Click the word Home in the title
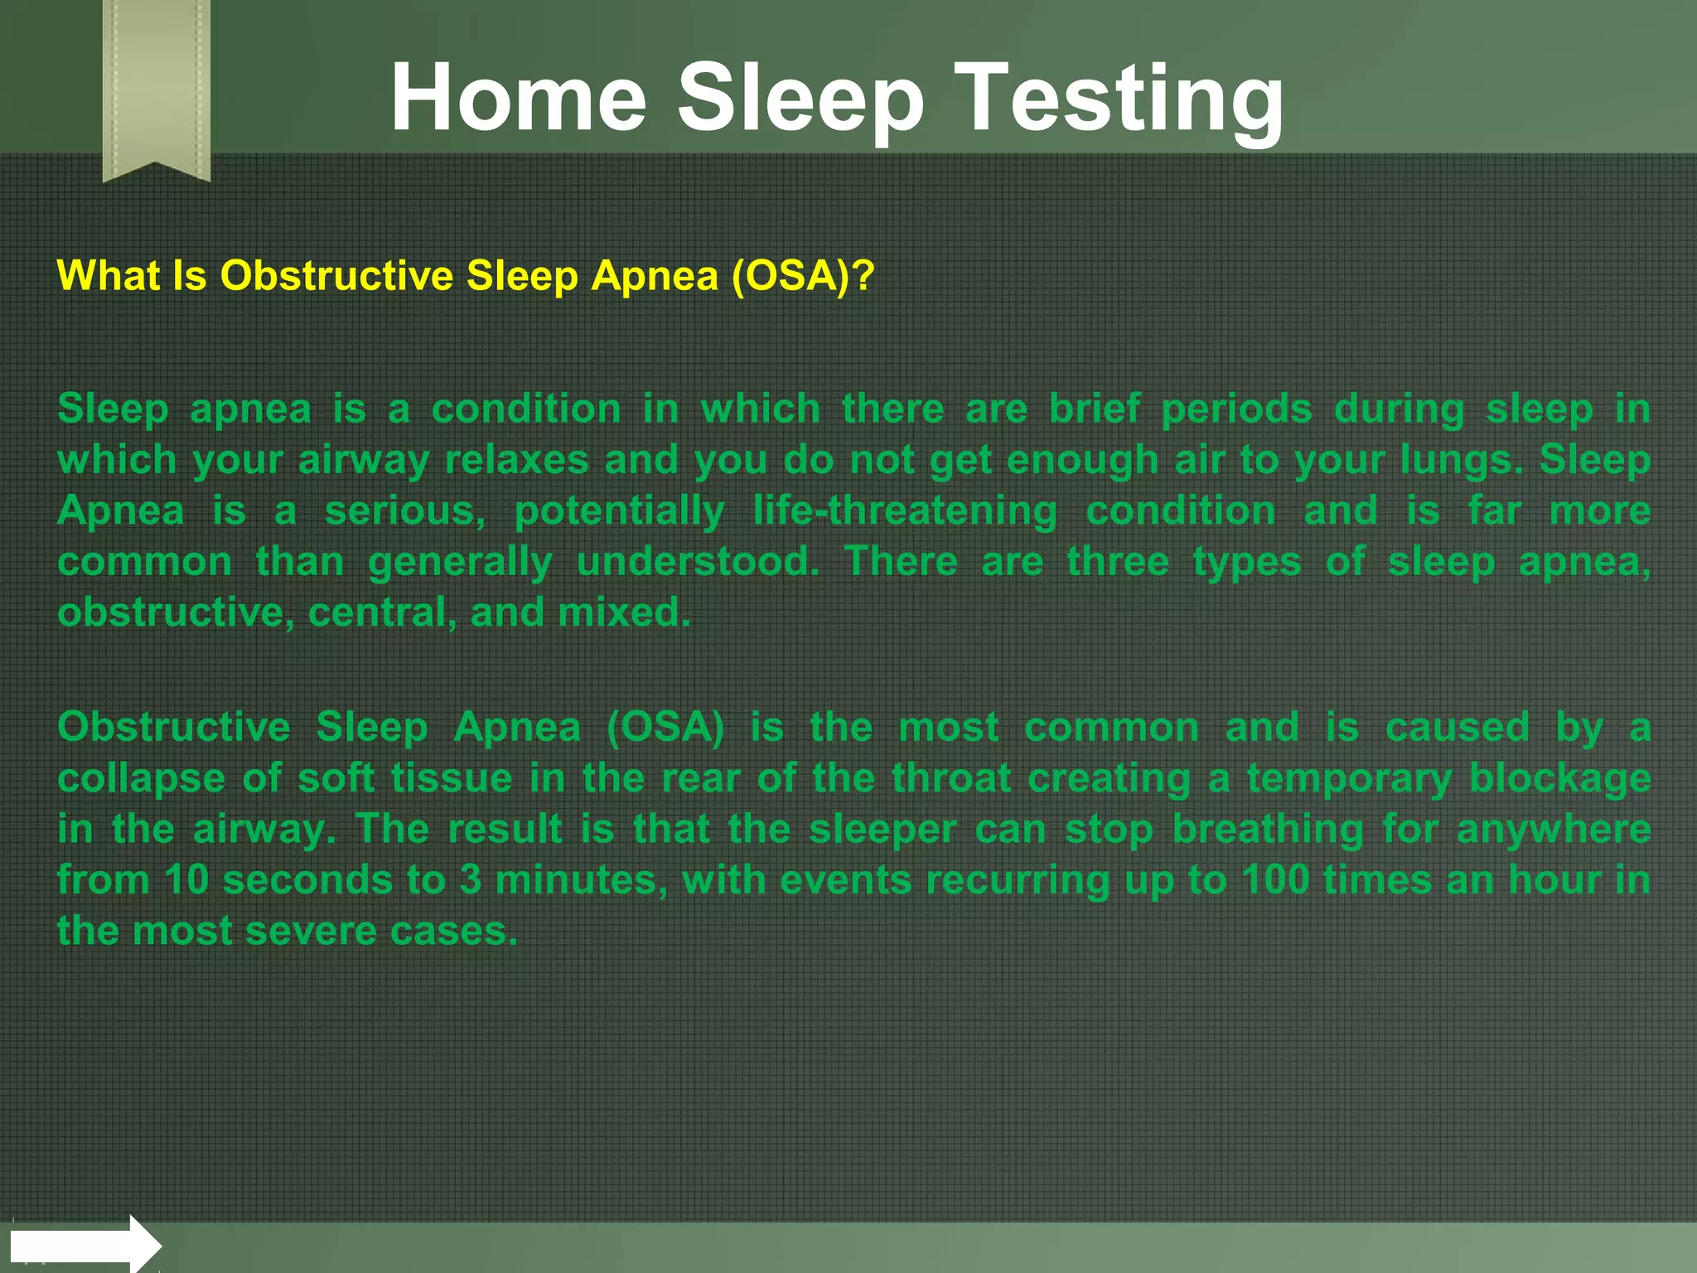(x=518, y=98)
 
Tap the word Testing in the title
(x=1121, y=98)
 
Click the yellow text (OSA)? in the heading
(x=802, y=275)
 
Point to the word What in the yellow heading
(x=108, y=275)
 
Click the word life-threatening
(x=905, y=511)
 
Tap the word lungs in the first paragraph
(x=1459, y=460)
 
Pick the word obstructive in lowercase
(x=170, y=612)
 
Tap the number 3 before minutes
(x=471, y=880)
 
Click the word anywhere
(x=1554, y=830)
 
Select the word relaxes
(x=516, y=460)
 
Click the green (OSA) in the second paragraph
(x=665, y=728)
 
